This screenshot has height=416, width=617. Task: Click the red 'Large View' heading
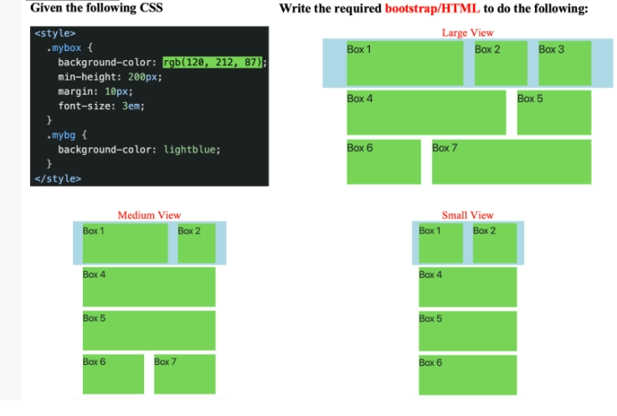click(467, 33)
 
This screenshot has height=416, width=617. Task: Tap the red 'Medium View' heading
click(149, 215)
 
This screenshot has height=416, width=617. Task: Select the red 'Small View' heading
click(467, 215)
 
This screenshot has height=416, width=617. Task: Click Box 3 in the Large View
click(564, 63)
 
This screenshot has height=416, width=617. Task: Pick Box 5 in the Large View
click(553, 112)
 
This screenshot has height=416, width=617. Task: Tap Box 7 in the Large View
click(511, 162)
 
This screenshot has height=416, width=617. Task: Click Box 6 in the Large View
click(383, 162)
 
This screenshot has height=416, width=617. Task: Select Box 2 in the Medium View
click(196, 243)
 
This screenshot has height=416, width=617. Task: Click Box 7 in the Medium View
click(184, 373)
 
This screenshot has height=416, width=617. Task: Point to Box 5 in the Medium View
click(148, 330)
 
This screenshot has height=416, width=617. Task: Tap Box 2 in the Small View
click(494, 243)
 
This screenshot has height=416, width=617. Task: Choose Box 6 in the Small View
click(467, 374)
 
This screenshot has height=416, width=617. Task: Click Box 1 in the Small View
click(440, 243)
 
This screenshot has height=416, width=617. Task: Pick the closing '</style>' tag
click(58, 178)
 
